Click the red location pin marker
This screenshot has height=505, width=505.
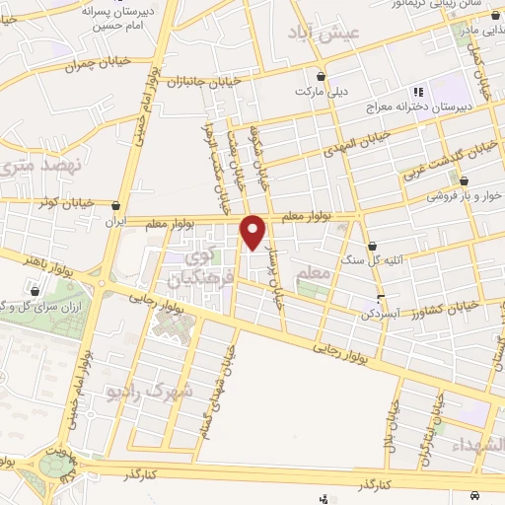[253, 232]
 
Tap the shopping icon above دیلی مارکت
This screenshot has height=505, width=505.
[320, 76]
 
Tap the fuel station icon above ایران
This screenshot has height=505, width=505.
[118, 206]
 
